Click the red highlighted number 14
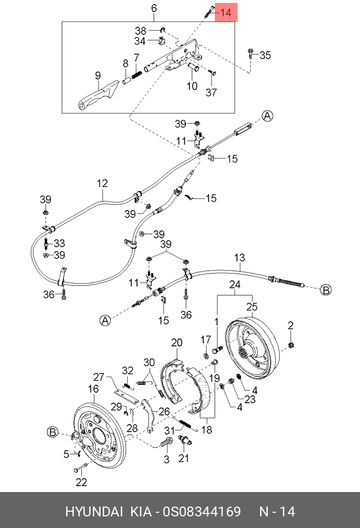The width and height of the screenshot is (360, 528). click(x=225, y=12)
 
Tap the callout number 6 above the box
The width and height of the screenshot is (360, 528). click(x=154, y=8)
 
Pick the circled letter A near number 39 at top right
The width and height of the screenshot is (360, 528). click(x=267, y=116)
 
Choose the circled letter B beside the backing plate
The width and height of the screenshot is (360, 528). click(x=53, y=432)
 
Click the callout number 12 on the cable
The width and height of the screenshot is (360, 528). click(x=102, y=183)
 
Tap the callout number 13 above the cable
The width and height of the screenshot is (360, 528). click(x=239, y=258)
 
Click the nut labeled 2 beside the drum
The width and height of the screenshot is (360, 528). click(x=291, y=345)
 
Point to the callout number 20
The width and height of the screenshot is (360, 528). click(x=177, y=342)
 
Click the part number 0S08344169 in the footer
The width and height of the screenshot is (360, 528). click(x=202, y=512)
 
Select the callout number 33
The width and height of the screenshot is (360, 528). click(x=59, y=243)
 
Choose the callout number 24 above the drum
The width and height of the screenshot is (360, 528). click(x=235, y=284)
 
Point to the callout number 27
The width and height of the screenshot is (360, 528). click(x=99, y=377)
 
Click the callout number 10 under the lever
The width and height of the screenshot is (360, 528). click(x=192, y=86)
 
